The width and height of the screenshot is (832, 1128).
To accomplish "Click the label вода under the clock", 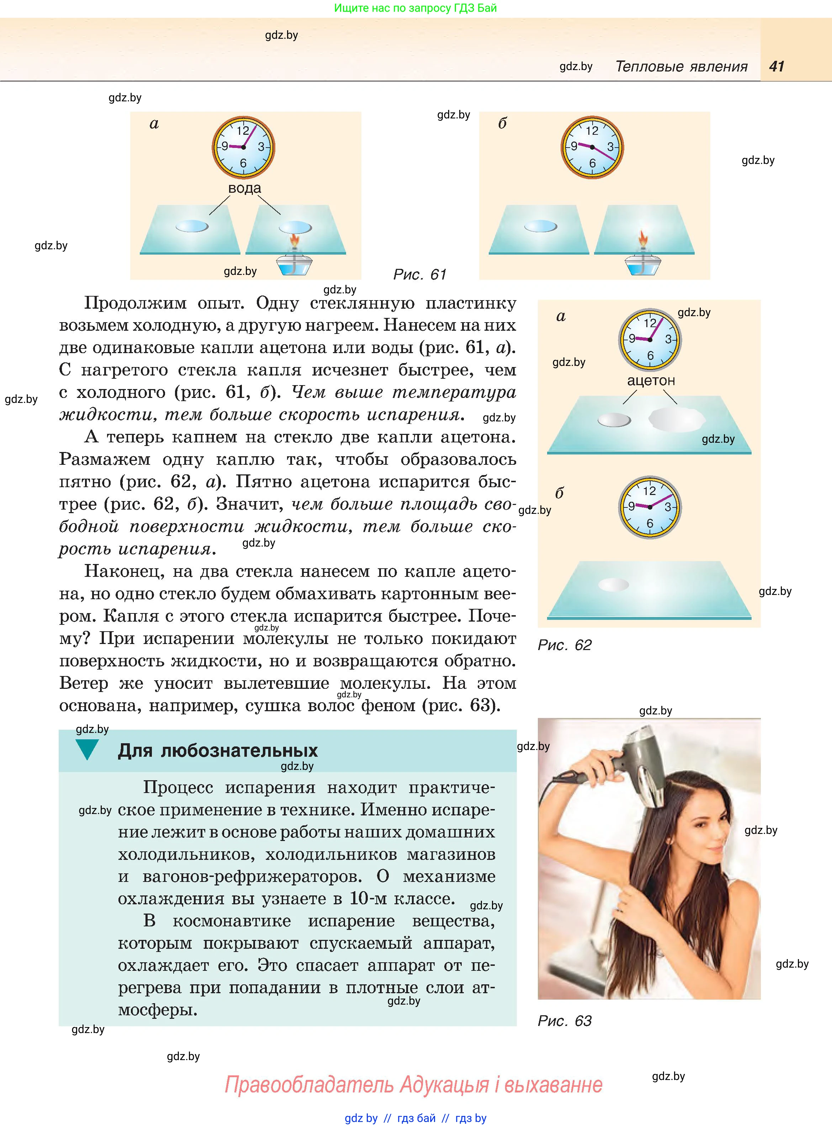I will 245,188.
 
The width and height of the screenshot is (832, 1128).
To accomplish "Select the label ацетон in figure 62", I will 651,381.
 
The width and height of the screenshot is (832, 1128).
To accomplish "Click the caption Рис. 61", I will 419,274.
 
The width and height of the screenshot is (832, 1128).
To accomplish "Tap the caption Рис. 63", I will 565,1021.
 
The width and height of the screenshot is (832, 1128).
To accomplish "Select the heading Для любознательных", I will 218,750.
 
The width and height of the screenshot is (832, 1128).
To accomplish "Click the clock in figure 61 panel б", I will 592,147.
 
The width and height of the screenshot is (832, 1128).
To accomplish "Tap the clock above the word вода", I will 243,147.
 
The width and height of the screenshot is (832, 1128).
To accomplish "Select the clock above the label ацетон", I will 650,340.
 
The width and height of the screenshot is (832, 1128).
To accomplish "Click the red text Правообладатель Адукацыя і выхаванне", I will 413,1085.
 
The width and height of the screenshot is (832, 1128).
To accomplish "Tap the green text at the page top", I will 415,8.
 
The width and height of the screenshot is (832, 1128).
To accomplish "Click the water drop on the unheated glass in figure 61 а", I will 192,227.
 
